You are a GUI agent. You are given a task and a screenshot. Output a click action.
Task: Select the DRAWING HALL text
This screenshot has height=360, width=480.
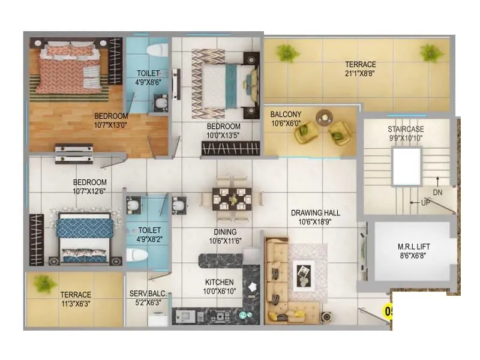pyautogui.click(x=316, y=213)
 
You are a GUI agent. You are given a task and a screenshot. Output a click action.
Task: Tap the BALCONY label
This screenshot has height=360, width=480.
pyautogui.click(x=286, y=114)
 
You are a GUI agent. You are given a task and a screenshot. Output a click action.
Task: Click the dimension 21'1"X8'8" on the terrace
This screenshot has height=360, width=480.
pyautogui.click(x=360, y=73)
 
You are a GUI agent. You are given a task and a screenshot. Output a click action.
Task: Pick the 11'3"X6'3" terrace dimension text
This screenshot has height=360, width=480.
pyautogui.click(x=76, y=303)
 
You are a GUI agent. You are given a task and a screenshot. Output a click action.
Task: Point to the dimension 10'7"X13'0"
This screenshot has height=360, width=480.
pyautogui.click(x=111, y=124)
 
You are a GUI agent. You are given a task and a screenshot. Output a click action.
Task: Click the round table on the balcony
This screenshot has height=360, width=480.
pyautogui.click(x=323, y=116)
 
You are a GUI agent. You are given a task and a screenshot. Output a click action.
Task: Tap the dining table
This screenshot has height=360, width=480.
pyautogui.click(x=231, y=198)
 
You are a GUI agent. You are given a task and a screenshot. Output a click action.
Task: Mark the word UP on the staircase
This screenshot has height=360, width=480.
pyautogui.click(x=425, y=203)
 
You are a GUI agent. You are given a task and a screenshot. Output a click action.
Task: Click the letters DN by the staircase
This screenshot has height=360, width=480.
pyautogui.click(x=438, y=192)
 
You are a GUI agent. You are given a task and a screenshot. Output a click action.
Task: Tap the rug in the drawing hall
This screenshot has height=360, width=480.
pyautogui.click(x=307, y=275)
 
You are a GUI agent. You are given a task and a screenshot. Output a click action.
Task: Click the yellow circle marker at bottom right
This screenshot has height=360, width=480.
pyautogui.click(x=388, y=311)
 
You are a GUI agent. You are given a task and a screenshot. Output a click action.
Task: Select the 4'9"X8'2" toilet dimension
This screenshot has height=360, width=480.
pyautogui.click(x=149, y=238)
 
